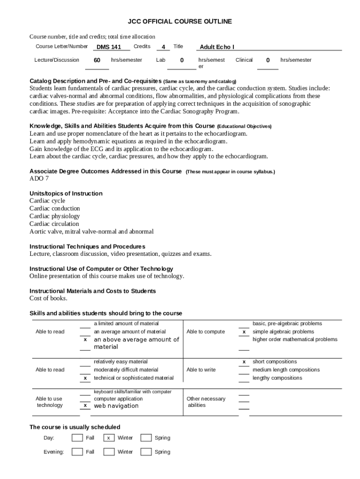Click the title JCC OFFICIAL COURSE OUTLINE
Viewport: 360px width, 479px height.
pyautogui.click(x=180, y=22)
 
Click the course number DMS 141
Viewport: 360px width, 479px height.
pyautogui.click(x=108, y=47)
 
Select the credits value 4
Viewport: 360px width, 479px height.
pyautogui.click(x=163, y=47)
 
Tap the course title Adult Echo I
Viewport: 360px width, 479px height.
pyautogui.click(x=217, y=47)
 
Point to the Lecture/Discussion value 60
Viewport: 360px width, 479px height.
pyautogui.click(x=97, y=60)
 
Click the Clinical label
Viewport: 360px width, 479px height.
pyautogui.click(x=244, y=60)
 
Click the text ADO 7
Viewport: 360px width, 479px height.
pyautogui.click(x=39, y=179)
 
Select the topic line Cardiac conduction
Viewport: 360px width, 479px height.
pyautogui.click(x=55, y=209)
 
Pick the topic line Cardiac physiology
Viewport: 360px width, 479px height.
pyautogui.click(x=55, y=216)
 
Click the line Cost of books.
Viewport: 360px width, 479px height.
pyautogui.click(x=48, y=298)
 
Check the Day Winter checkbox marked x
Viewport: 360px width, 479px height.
pyautogui.click(x=108, y=438)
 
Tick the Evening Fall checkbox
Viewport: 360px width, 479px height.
pyautogui.click(x=77, y=452)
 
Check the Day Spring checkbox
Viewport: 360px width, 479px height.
pyautogui.click(x=146, y=438)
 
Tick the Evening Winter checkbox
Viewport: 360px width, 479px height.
pyautogui.click(x=108, y=452)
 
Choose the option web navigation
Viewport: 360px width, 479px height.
pyautogui.click(x=116, y=406)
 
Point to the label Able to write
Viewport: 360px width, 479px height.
pyautogui.click(x=201, y=370)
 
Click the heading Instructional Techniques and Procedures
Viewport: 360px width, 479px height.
pyautogui.click(x=87, y=247)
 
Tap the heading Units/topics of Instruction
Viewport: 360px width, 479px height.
pyautogui.click(x=66, y=194)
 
